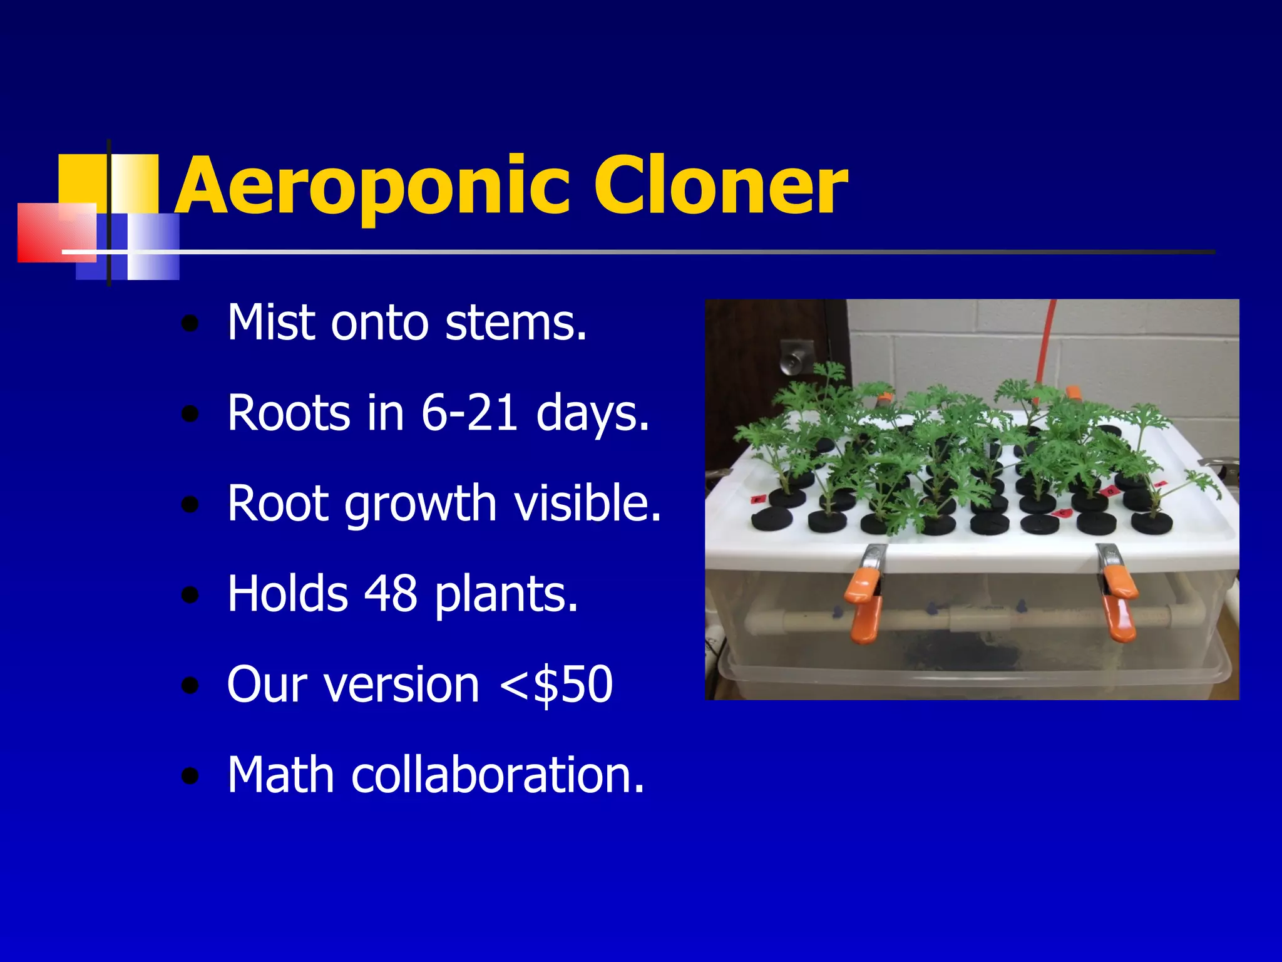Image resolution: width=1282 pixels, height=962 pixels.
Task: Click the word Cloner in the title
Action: [720, 186]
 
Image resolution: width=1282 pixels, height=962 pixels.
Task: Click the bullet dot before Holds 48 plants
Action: [190, 595]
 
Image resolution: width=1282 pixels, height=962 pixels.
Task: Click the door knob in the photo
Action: [794, 360]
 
